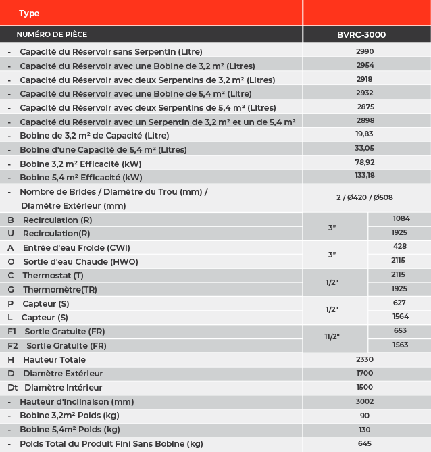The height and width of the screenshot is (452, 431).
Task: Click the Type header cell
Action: coord(29,14)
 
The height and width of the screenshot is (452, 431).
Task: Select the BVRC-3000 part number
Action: coord(361,34)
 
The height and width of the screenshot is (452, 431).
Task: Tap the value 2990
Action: coord(365,51)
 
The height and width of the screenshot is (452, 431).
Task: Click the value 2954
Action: coord(365,66)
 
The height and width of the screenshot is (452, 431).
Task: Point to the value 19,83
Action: coord(365,135)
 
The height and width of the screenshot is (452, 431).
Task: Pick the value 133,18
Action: coord(365,177)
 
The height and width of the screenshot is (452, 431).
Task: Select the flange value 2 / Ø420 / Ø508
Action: coord(365,197)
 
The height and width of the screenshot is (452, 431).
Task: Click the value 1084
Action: coord(401,218)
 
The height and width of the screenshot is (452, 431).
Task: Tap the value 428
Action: coord(399,247)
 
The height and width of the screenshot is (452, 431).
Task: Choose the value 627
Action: coord(399,303)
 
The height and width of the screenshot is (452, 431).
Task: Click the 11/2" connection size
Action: coord(332,336)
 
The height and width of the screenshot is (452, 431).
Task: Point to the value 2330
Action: coord(365,359)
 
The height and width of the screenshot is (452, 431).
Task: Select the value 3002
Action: coord(365,401)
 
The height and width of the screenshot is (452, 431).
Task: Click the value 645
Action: coord(365,443)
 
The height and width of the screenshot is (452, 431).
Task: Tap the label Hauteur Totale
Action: coord(54,359)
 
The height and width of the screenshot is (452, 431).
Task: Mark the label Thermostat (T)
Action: coord(53,276)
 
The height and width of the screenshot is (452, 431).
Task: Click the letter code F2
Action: coord(13,346)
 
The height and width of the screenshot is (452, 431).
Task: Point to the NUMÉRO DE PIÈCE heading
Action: coord(52,34)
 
